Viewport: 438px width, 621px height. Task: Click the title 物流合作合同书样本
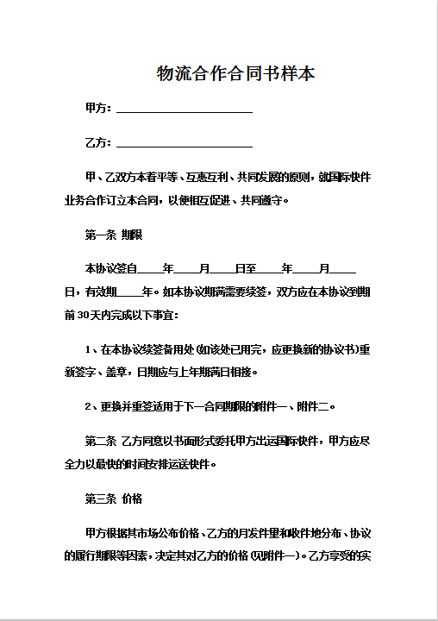pyautogui.click(x=235, y=74)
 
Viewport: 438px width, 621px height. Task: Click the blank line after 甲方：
pyautogui.click(x=184, y=109)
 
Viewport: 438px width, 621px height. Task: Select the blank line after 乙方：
pyautogui.click(x=184, y=143)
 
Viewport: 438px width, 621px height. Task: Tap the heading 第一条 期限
pyautogui.click(x=114, y=235)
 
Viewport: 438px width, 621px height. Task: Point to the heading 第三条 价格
pyautogui.click(x=114, y=499)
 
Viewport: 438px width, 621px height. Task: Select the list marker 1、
pyautogui.click(x=91, y=350)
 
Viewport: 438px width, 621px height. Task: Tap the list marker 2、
pyautogui.click(x=91, y=406)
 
